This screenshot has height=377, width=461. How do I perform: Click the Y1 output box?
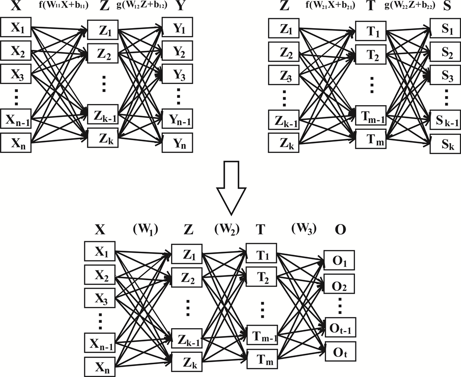tap(177, 30)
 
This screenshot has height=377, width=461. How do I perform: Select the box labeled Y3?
tap(177, 74)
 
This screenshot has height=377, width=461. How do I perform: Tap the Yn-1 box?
tap(177, 118)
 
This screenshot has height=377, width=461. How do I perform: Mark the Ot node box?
tap(339, 352)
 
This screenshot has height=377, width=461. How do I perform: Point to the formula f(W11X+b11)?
tap(61, 6)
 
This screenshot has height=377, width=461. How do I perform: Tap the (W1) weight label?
tap(145, 229)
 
